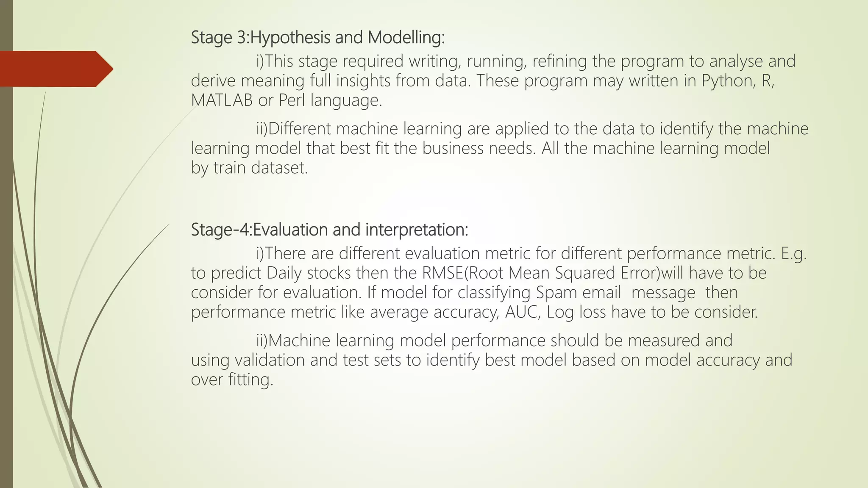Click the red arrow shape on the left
click(55, 69)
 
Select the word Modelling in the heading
click(406, 38)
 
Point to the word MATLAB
click(222, 100)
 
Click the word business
click(453, 148)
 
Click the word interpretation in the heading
click(416, 230)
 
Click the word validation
click(270, 360)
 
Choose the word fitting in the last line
click(250, 380)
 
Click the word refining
click(559, 61)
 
